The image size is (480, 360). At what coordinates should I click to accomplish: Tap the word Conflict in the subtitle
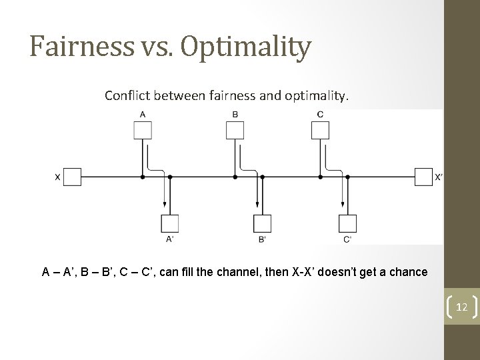point(127,96)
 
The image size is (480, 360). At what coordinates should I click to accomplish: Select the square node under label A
point(143,131)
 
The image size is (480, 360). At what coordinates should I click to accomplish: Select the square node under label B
point(235,131)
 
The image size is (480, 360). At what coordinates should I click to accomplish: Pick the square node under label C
point(320,131)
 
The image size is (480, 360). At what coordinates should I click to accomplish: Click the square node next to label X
point(73,177)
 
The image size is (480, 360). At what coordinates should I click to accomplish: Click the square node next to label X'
point(423,177)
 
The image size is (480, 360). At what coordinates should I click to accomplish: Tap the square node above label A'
point(170,223)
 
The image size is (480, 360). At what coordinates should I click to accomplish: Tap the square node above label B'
point(262,223)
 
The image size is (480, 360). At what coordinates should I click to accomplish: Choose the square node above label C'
point(347,223)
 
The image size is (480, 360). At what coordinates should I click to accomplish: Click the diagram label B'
point(262,239)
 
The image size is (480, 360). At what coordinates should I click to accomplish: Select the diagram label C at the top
point(320,114)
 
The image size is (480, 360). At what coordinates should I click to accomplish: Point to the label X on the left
point(57,177)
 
